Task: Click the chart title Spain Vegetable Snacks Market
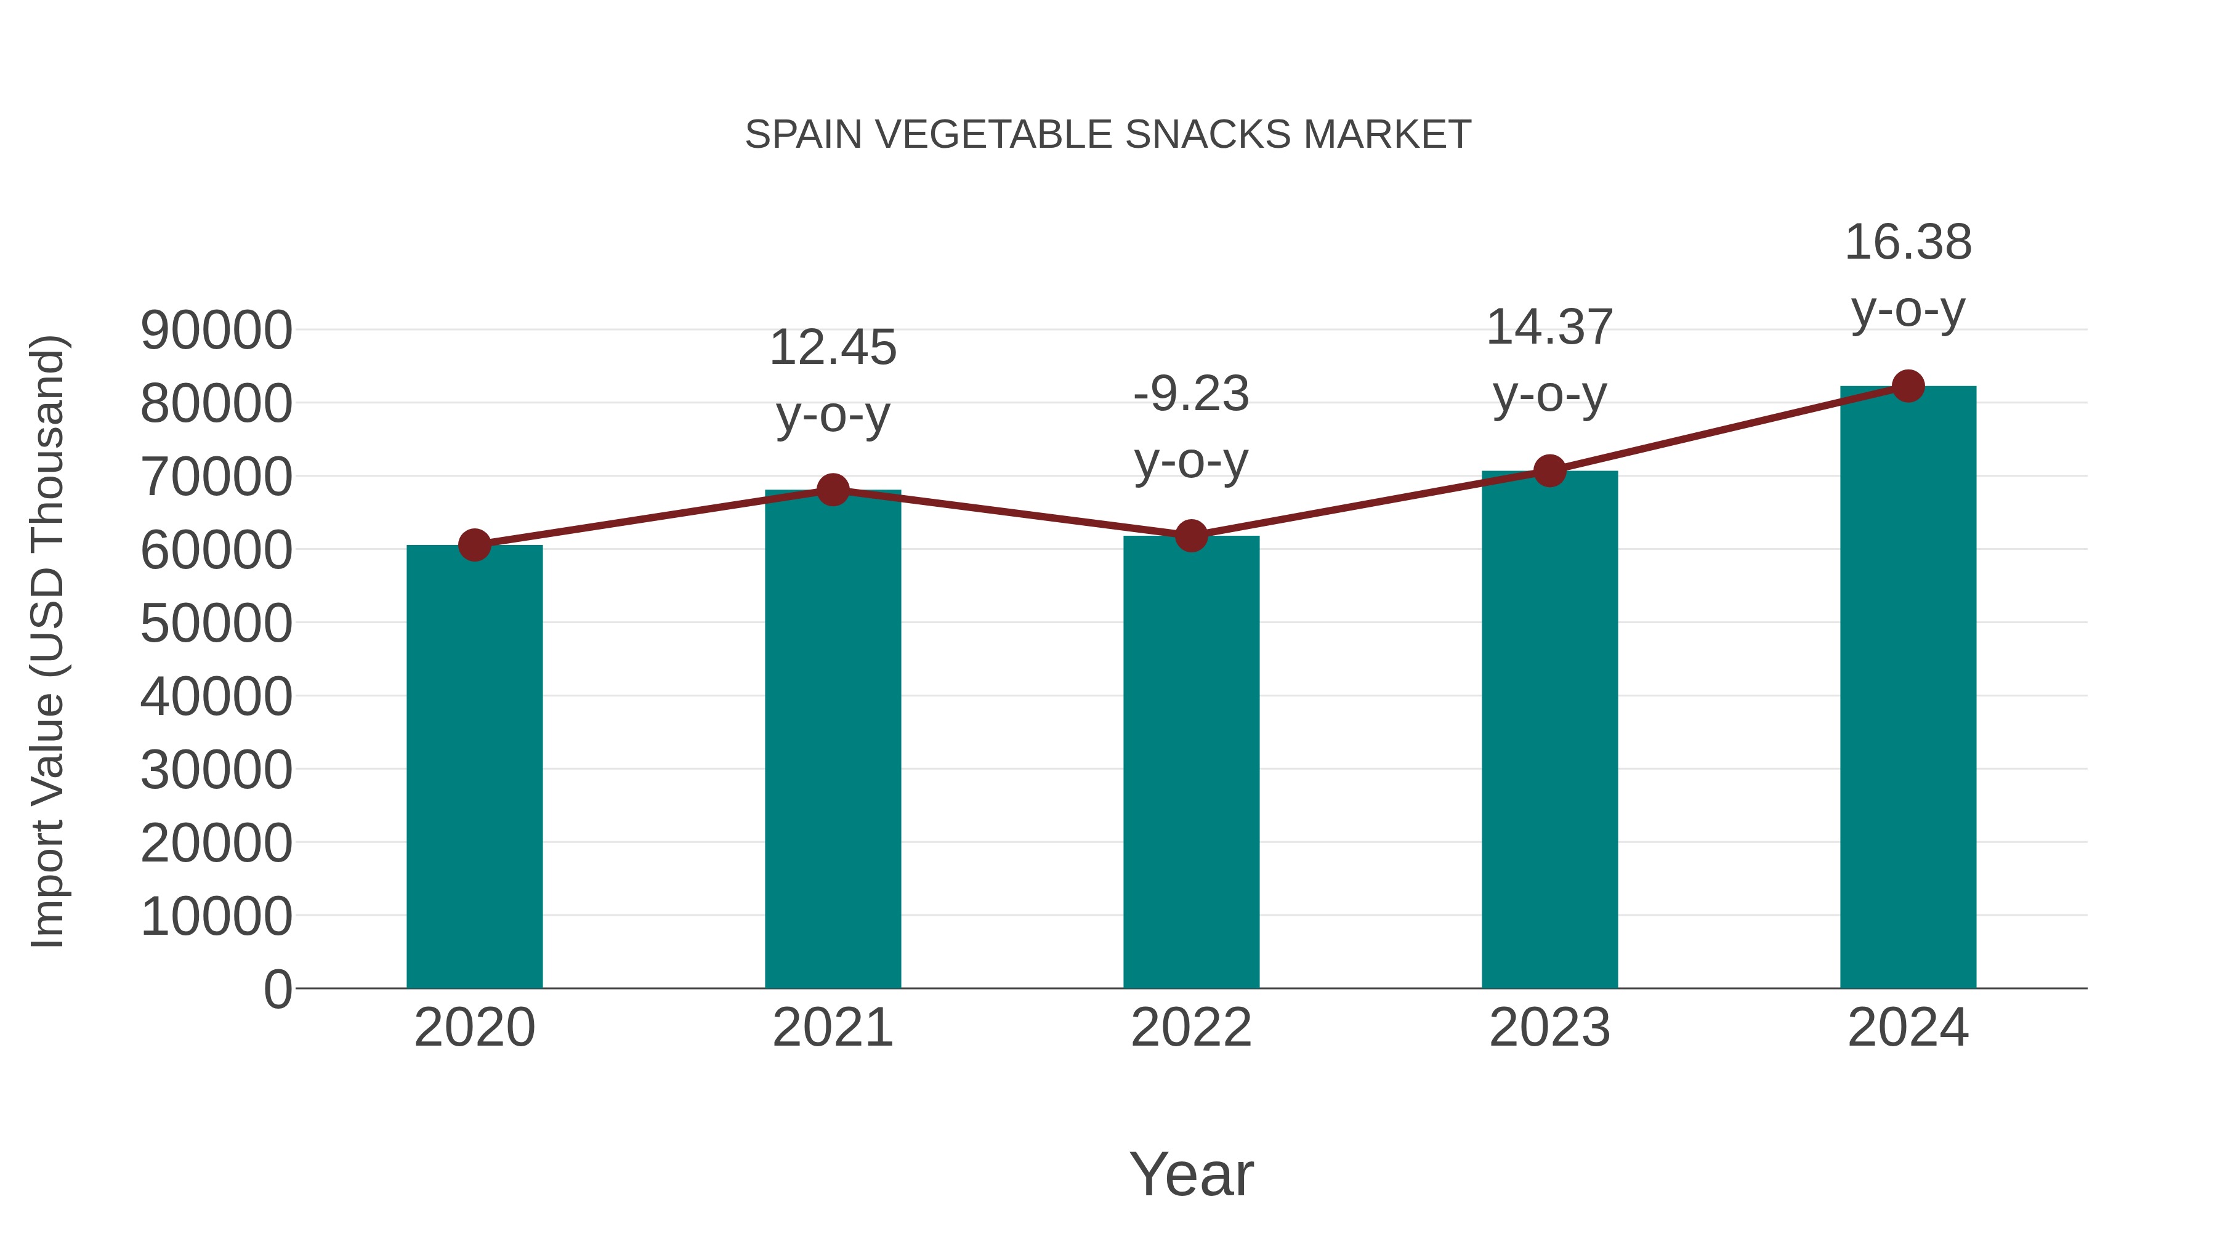(1108, 135)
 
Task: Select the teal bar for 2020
(474, 766)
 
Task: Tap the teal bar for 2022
(1191, 762)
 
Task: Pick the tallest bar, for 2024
(1908, 688)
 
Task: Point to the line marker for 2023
(1549, 470)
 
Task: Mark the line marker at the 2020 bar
(474, 545)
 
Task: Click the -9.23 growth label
(1191, 428)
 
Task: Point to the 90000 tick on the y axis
(216, 331)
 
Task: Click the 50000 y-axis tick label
(216, 623)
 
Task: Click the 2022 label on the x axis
(1191, 1028)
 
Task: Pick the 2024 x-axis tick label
(1908, 1028)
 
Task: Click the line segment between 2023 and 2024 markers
(1728, 429)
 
